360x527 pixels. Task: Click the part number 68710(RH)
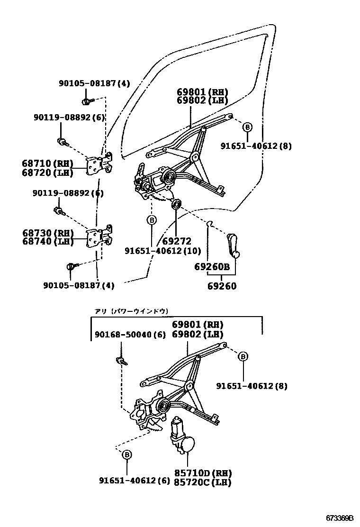(x=47, y=164)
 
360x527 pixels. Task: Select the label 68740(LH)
(x=47, y=242)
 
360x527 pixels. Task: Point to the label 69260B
(x=212, y=267)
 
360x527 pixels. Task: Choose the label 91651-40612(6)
(x=134, y=480)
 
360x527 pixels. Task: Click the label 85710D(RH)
(x=209, y=473)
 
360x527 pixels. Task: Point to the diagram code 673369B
(x=339, y=518)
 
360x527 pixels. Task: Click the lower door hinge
(x=100, y=236)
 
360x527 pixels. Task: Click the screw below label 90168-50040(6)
(x=122, y=361)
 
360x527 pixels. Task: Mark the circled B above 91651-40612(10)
(x=151, y=220)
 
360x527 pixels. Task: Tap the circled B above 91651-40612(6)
(x=127, y=455)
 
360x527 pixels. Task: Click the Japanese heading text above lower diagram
(x=131, y=311)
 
